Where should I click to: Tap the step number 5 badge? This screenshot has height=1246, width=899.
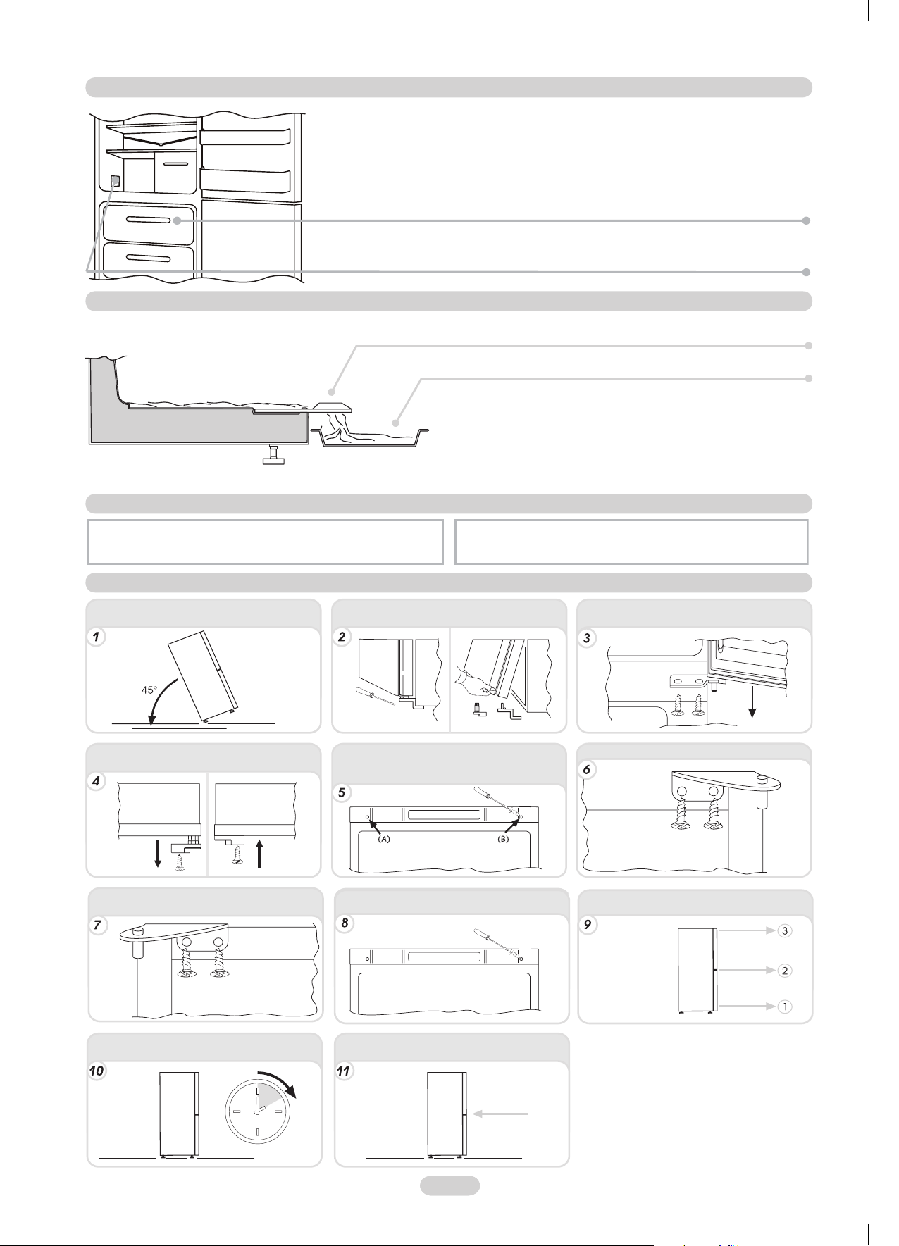pos(342,792)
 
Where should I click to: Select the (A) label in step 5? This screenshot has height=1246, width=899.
pos(383,838)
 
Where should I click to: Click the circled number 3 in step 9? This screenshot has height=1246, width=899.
pos(785,930)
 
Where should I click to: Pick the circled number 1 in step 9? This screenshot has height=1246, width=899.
pos(785,1007)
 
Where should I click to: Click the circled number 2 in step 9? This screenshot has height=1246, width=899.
pos(785,970)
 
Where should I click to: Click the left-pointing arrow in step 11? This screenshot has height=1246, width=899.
pos(501,1114)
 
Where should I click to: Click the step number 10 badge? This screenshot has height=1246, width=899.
pos(97,1071)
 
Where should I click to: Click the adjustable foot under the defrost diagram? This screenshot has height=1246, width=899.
pos(273,455)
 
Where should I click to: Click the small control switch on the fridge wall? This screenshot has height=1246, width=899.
pos(116,181)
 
